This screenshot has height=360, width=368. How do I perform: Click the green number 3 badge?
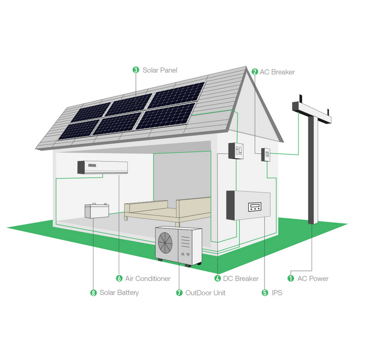pyautogui.click(x=136, y=70)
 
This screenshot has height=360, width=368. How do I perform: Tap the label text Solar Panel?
pyautogui.click(x=160, y=70)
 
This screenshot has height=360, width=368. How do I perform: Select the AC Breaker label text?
pyautogui.click(x=277, y=72)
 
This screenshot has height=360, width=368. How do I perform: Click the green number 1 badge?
pyautogui.click(x=291, y=278)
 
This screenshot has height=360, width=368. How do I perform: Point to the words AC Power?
pyautogui.click(x=313, y=278)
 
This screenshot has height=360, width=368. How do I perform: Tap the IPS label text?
pyautogui.click(x=277, y=293)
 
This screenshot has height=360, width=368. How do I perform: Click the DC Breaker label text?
pyautogui.click(x=241, y=278)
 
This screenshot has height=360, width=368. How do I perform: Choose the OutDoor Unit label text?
pyautogui.click(x=205, y=293)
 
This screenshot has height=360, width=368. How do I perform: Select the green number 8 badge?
pyautogui.click(x=94, y=293)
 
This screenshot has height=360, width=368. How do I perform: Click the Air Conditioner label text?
pyautogui.click(x=148, y=278)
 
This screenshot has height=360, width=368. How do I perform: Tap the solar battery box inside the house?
pyautogui.click(x=97, y=210)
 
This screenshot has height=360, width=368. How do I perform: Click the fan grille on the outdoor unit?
pyautogui.click(x=165, y=243)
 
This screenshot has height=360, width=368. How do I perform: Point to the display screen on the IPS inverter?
pyautogui.click(x=255, y=207)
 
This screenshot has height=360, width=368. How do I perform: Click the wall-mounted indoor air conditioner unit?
pyautogui.click(x=103, y=167)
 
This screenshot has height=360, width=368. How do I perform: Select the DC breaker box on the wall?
pyautogui.click(x=236, y=151)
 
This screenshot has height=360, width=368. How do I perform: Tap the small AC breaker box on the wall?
pyautogui.click(x=266, y=154)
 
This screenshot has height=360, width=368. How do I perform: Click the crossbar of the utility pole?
pyautogui.click(x=312, y=113)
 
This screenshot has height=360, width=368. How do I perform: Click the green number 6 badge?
pyautogui.click(x=119, y=278)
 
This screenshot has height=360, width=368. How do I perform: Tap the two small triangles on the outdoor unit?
pyautogui.click(x=186, y=254)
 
